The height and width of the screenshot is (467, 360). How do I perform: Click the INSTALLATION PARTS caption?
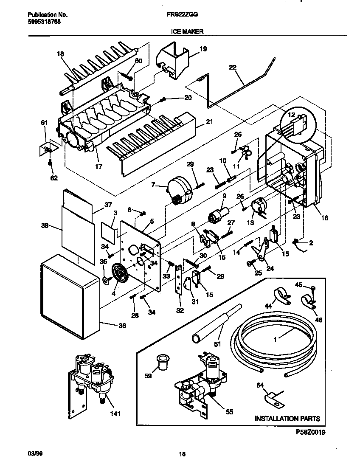pyautogui.click(x=287, y=419)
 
